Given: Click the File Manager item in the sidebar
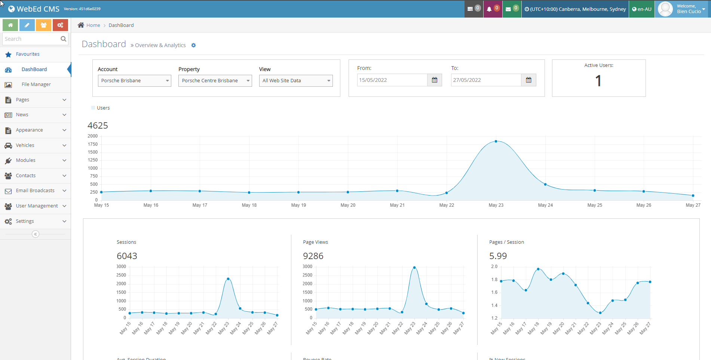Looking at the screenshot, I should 36,84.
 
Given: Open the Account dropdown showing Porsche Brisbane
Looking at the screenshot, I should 134,81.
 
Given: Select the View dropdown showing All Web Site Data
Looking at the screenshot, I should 295,81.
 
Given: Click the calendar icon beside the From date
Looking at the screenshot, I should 434,80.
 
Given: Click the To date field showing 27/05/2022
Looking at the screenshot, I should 486,80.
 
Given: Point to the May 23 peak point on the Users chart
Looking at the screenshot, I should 496,141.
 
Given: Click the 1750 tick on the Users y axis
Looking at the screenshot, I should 93,144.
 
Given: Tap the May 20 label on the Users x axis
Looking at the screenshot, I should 348,205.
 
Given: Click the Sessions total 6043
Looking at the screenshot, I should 127,256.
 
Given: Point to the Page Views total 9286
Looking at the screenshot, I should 313,256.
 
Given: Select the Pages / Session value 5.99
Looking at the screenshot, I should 498,256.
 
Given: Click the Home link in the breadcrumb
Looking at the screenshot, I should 93,25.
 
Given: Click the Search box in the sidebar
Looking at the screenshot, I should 31,39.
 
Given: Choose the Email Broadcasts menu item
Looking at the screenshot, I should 35,191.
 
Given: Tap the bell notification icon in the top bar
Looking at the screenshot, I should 489,9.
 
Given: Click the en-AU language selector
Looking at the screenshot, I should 642,9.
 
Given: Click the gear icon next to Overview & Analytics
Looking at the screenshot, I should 193,45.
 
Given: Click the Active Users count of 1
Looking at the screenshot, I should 598,81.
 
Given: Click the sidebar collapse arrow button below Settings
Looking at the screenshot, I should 36,234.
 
